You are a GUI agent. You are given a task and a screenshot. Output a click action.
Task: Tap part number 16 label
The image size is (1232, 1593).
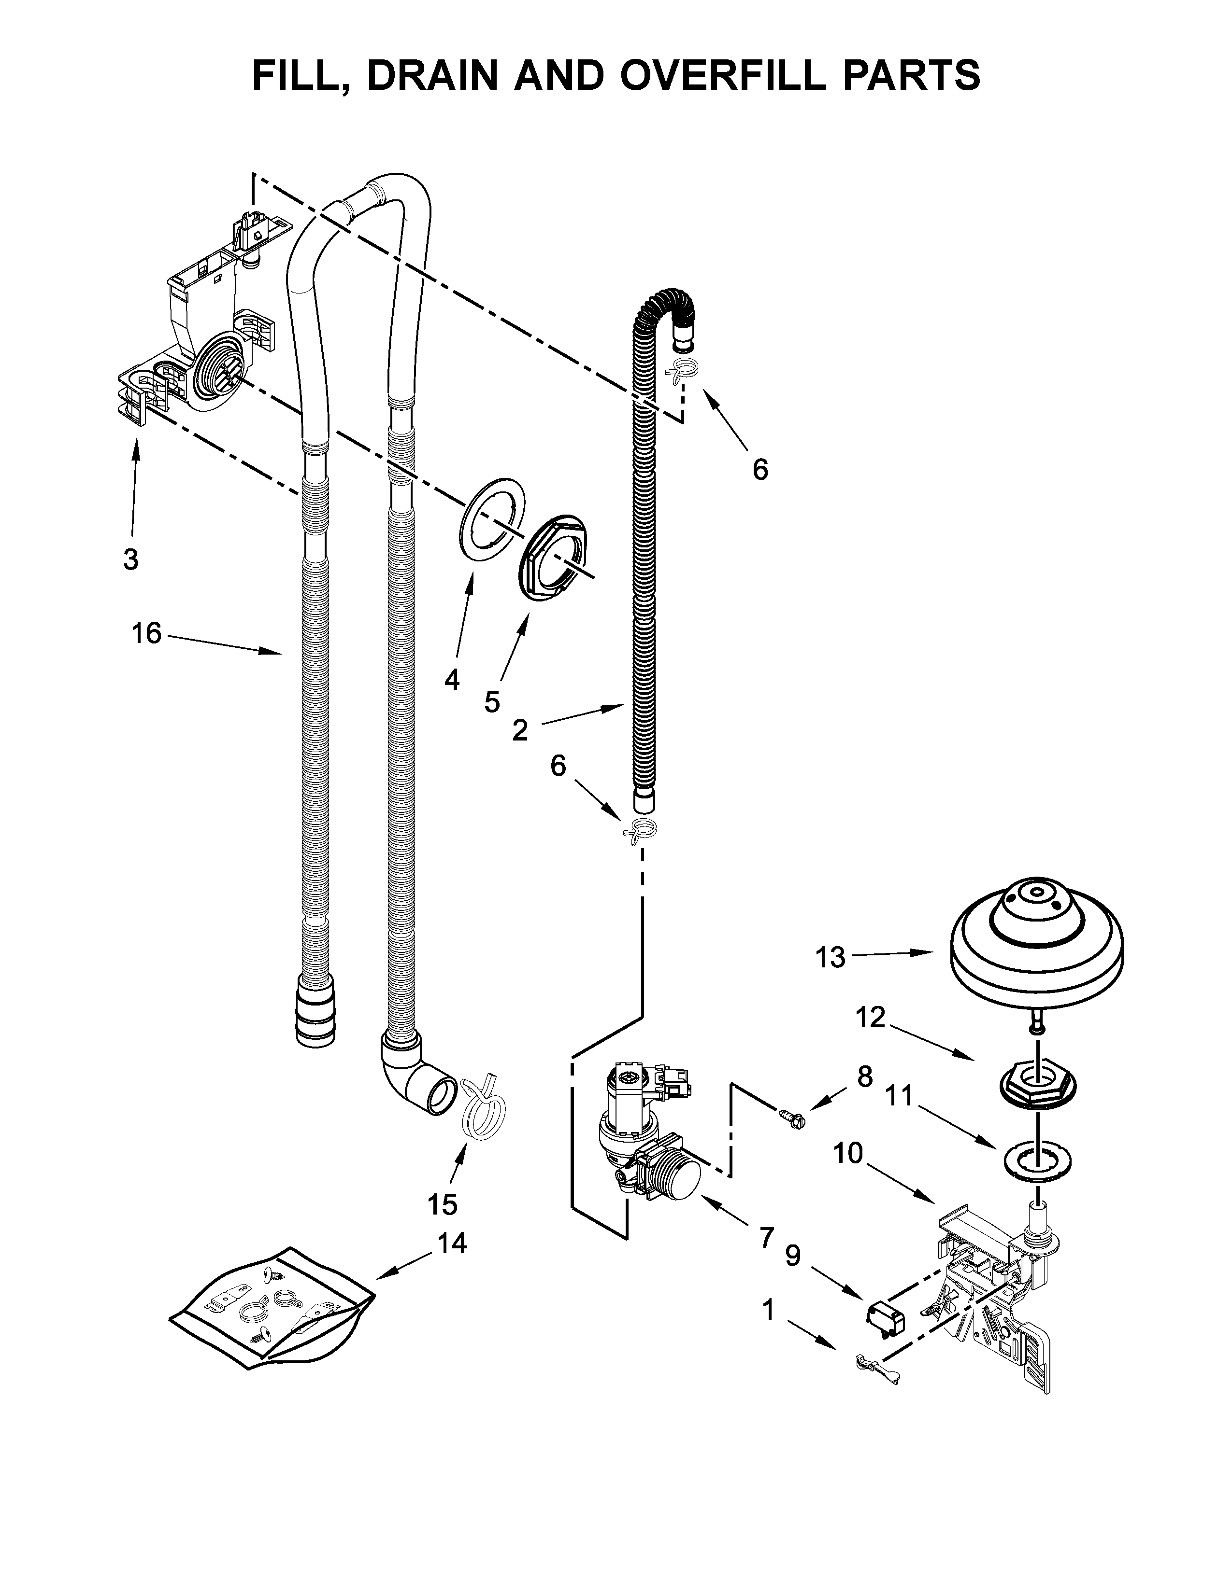(x=146, y=633)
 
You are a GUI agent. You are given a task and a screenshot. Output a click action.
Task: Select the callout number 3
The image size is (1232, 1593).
(x=130, y=559)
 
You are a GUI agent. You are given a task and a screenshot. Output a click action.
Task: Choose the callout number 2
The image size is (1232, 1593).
(x=520, y=729)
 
